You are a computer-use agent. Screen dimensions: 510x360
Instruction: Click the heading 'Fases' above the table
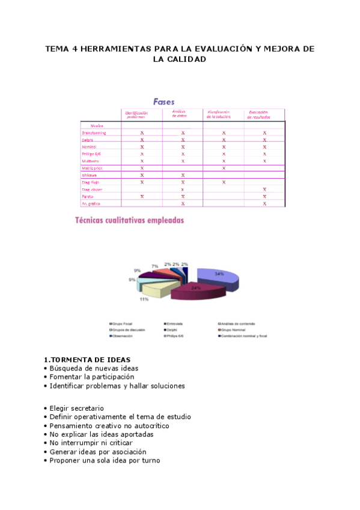tap(163, 102)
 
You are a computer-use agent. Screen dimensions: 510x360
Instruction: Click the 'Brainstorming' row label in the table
tap(94, 132)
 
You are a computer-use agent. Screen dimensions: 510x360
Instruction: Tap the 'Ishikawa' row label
tap(90, 175)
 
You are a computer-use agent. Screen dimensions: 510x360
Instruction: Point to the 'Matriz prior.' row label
tap(93, 168)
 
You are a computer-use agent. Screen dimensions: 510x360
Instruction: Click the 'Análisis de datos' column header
tap(181, 114)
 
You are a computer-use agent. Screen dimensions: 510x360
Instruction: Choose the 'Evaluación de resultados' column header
tap(261, 114)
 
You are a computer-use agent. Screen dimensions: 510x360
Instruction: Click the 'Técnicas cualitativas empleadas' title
tap(129, 221)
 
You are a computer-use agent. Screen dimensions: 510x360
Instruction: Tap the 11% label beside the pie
tap(144, 299)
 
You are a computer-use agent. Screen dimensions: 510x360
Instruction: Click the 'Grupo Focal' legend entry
tap(124, 324)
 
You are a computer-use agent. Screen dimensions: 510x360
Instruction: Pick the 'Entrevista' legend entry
tap(177, 324)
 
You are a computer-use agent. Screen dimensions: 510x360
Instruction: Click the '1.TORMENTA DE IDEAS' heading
tap(87, 360)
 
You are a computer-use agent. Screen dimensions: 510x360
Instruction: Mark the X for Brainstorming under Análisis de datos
tap(183, 132)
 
